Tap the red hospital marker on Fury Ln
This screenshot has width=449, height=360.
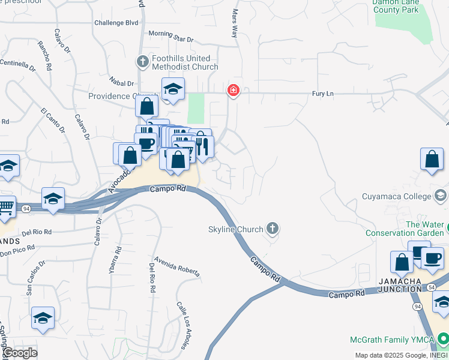(233, 91)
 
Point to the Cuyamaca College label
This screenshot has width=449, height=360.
(397, 196)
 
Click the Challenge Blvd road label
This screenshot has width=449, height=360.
(117, 23)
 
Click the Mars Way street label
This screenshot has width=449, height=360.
(235, 23)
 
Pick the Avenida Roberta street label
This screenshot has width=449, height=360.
(177, 267)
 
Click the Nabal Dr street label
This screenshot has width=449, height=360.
(121, 83)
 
